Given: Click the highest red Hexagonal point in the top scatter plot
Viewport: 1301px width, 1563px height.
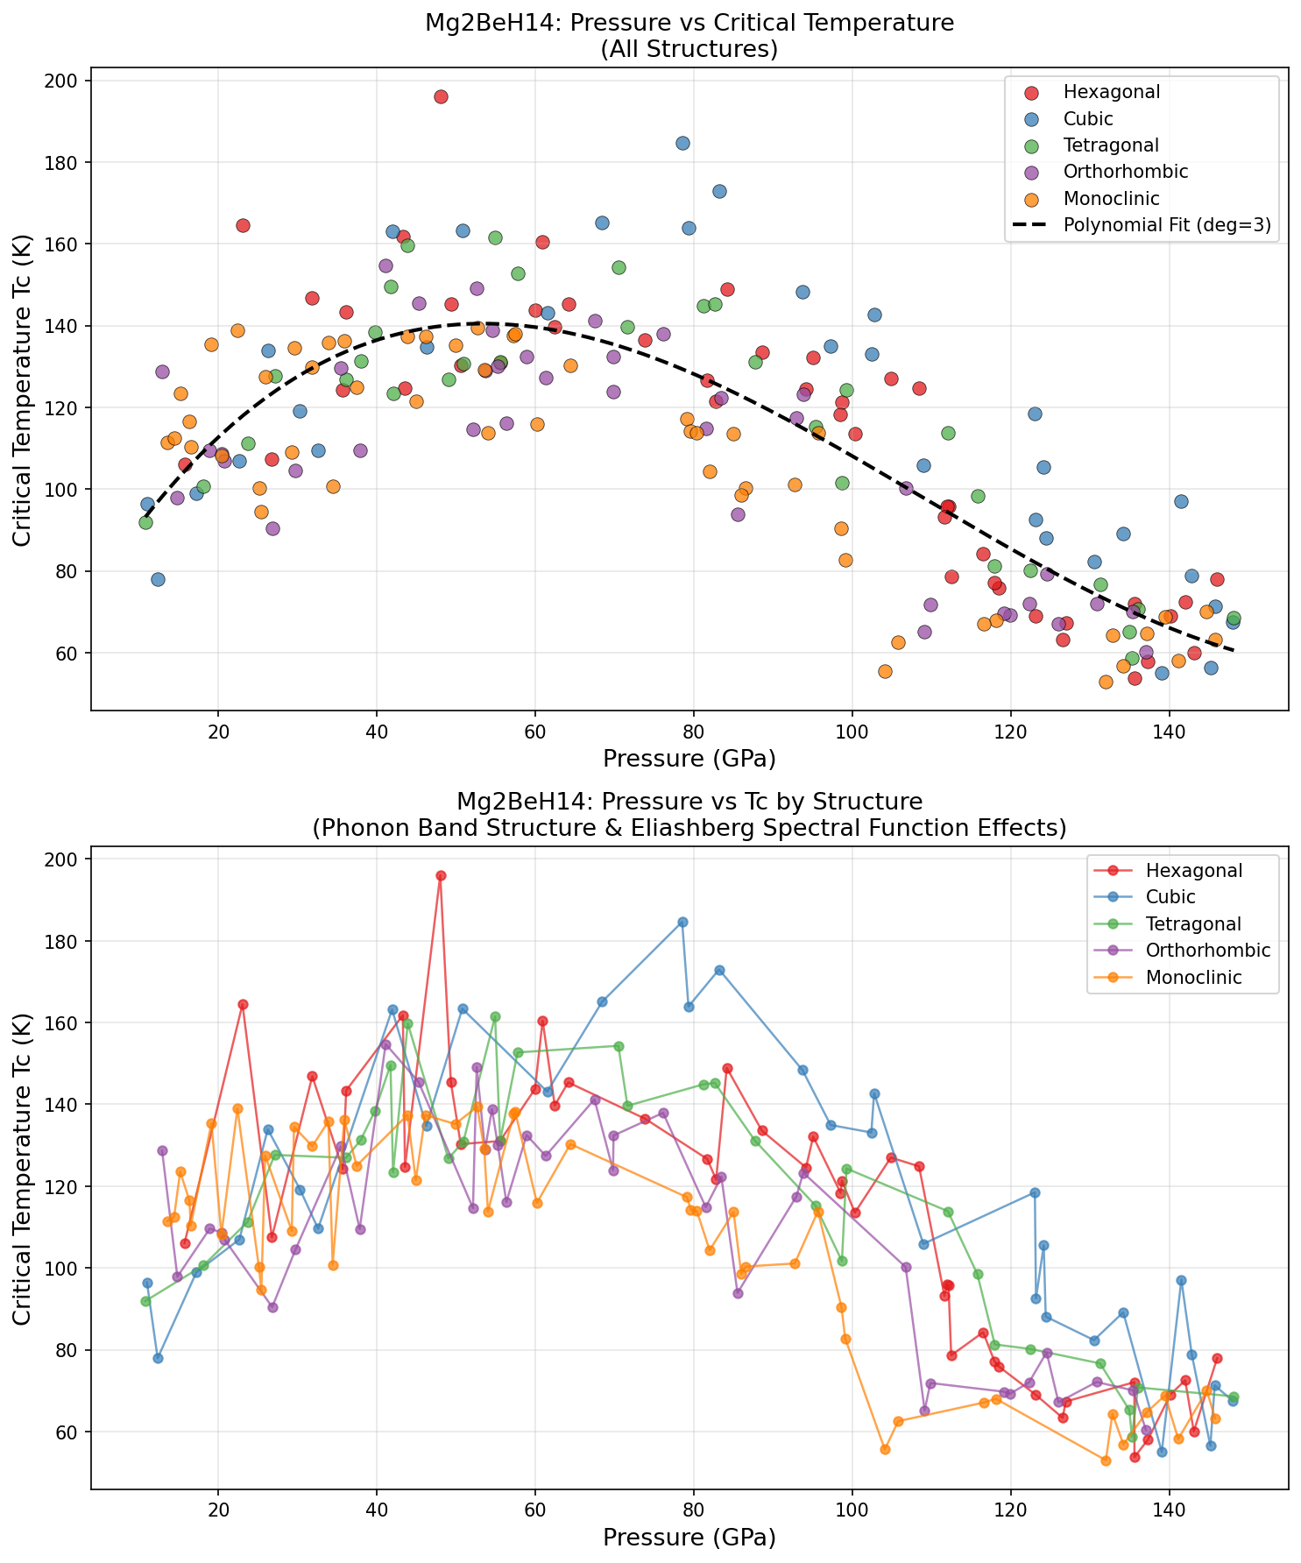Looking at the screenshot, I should (x=441, y=96).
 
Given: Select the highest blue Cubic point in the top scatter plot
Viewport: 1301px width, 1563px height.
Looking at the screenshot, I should (x=682, y=143).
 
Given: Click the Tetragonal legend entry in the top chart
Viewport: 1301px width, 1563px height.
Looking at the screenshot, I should (x=1111, y=145).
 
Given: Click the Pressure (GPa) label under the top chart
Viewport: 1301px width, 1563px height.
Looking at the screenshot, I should (x=689, y=758).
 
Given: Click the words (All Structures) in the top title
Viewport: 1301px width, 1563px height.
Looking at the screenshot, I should (x=689, y=49).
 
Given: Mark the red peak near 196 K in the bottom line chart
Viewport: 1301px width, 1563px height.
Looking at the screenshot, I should (x=441, y=875).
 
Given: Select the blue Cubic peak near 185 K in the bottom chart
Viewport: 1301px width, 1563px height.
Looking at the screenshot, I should (x=682, y=922).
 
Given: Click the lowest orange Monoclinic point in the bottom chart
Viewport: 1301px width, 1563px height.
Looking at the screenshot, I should (x=1106, y=1460).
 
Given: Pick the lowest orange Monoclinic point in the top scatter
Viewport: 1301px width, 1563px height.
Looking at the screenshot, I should (x=1106, y=682).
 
